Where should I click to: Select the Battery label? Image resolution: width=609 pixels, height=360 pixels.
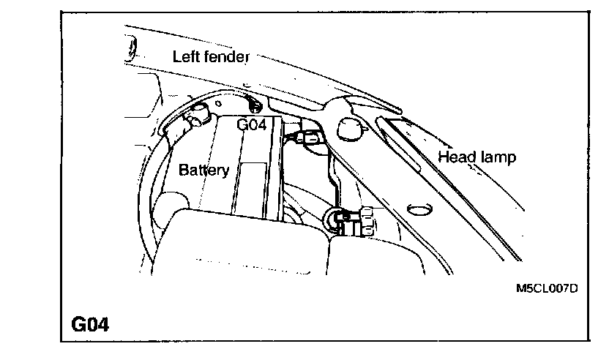tap(204, 170)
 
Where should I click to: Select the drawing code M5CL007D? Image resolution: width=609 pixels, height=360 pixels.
tap(547, 288)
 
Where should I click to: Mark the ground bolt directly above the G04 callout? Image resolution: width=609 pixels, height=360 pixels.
tap(250, 107)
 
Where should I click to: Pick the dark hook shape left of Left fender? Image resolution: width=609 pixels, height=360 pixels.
tap(132, 51)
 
